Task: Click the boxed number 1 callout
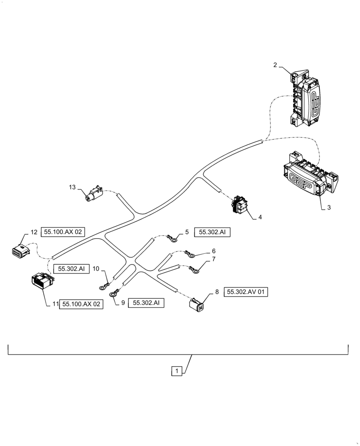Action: (177, 371)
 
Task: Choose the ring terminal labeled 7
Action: (195, 270)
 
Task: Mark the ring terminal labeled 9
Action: (114, 293)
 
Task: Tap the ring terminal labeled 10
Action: (104, 286)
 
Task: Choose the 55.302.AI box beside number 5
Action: (210, 232)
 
